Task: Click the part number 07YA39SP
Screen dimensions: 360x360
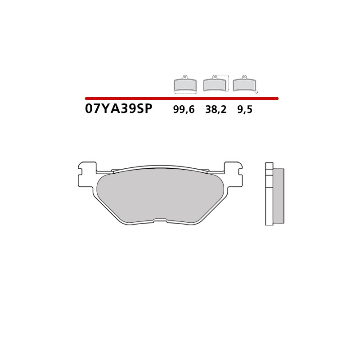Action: (119, 109)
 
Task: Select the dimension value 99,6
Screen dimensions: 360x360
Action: (184, 110)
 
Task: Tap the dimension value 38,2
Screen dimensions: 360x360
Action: (216, 110)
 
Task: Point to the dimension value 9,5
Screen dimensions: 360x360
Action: (245, 110)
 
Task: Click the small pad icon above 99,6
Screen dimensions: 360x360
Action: (185, 85)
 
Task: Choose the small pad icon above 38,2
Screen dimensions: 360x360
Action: (215, 85)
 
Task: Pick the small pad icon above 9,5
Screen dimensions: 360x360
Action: (244, 85)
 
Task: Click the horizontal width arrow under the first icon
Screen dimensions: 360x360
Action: (185, 94)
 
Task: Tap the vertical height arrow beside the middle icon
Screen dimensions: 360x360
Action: (229, 83)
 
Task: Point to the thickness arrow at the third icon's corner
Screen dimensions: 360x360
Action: (257, 92)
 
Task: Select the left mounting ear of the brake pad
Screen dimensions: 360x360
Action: (87, 174)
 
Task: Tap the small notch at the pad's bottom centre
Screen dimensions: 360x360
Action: (160, 220)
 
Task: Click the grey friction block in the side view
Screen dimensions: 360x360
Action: (279, 196)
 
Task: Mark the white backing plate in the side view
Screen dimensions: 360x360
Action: (269, 198)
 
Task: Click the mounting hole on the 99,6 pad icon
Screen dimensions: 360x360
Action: (185, 77)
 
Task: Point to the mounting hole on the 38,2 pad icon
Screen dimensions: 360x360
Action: (215, 77)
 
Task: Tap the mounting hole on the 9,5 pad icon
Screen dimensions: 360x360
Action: (244, 77)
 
